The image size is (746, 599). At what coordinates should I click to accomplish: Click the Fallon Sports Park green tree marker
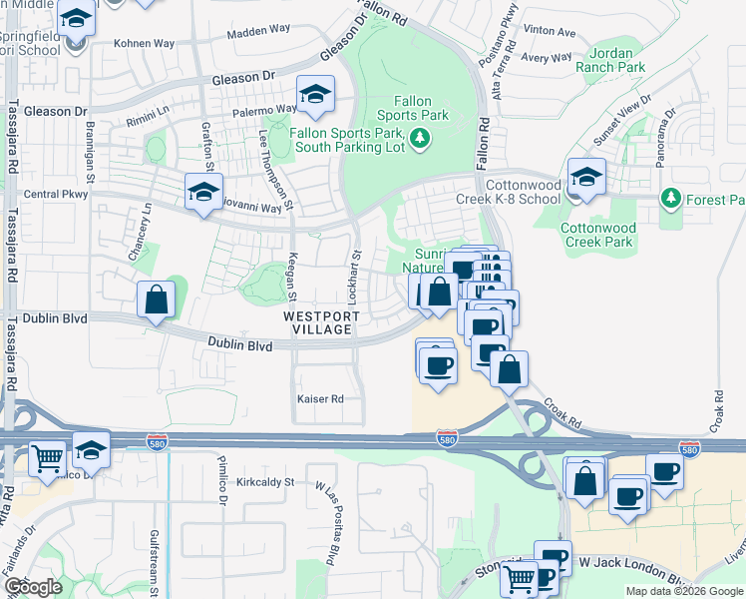[421, 138]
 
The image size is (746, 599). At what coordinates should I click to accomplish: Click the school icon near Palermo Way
[316, 94]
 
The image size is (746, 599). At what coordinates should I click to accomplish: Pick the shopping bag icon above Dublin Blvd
[157, 299]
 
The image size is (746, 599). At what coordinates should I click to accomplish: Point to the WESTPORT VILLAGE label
[318, 322]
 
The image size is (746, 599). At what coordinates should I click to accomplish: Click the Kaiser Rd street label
[320, 398]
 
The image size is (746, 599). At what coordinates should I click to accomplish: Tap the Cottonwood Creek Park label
[597, 235]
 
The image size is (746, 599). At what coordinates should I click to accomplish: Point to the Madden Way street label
[257, 33]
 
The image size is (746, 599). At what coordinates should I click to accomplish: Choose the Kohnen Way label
[144, 44]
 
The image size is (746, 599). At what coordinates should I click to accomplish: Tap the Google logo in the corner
[32, 587]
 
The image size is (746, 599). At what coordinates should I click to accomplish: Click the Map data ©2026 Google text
[684, 591]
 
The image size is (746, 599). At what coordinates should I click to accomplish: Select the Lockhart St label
[355, 269]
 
